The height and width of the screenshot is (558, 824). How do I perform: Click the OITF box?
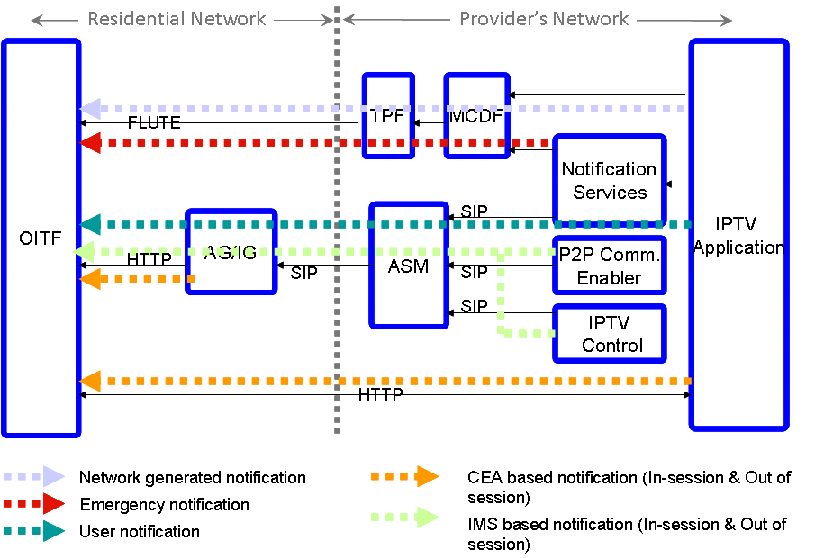[x=41, y=238]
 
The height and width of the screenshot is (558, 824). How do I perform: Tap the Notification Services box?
[x=610, y=181]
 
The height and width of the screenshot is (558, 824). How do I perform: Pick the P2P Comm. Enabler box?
[x=610, y=265]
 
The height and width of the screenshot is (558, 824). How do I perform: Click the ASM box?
[x=408, y=265]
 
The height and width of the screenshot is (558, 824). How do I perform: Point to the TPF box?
[x=388, y=116]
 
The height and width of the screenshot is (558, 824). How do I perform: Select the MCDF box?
[x=476, y=116]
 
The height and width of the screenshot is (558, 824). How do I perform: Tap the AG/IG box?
[x=231, y=252]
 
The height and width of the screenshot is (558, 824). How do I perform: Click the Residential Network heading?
[x=177, y=18]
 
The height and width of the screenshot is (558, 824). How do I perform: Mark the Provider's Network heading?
[x=544, y=18]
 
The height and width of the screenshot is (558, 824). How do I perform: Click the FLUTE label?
[x=154, y=123]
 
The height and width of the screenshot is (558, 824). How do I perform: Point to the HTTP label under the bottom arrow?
[x=380, y=394]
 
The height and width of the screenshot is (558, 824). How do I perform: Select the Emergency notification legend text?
[x=165, y=505]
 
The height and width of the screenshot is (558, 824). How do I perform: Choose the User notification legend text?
[x=140, y=531]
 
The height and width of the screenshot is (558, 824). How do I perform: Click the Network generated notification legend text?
[x=193, y=478]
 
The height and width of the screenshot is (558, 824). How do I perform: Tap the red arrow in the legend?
[x=36, y=505]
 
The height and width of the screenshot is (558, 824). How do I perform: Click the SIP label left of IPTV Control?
[x=474, y=306]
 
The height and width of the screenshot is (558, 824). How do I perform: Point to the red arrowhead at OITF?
[x=89, y=142]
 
